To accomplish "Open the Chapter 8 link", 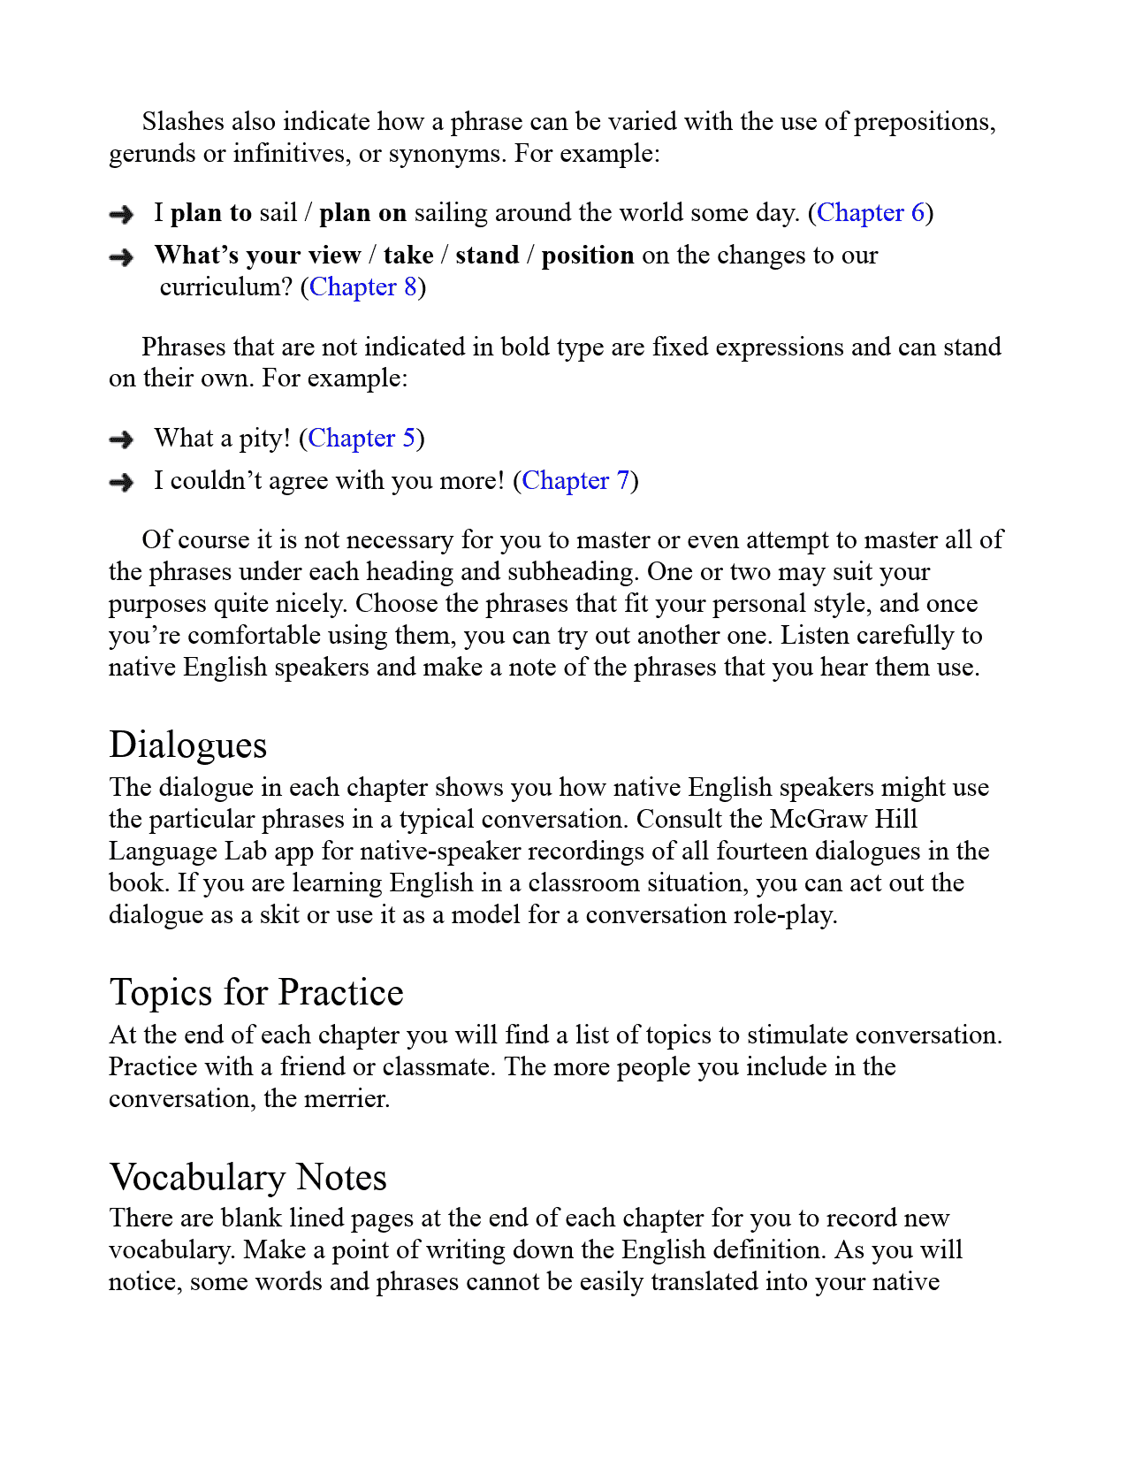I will click(x=362, y=287).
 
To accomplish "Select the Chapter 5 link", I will click(x=362, y=439).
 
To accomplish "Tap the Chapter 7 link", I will click(x=575, y=481).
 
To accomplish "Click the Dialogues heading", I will click(x=187, y=745).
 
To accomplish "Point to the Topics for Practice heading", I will click(x=256, y=992).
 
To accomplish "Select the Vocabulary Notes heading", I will click(x=248, y=1178).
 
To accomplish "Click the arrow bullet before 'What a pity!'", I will click(x=121, y=439).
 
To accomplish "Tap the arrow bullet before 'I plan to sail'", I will click(x=121, y=214).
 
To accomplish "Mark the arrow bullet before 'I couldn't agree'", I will click(x=121, y=482).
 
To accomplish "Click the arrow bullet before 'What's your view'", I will click(x=121, y=257).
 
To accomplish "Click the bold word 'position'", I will click(x=588, y=256).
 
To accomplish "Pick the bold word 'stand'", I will click(x=487, y=256).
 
